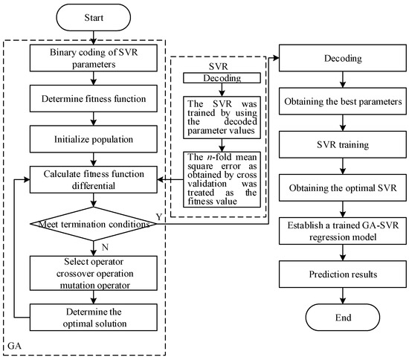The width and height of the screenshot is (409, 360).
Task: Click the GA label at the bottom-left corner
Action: pos(13,346)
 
